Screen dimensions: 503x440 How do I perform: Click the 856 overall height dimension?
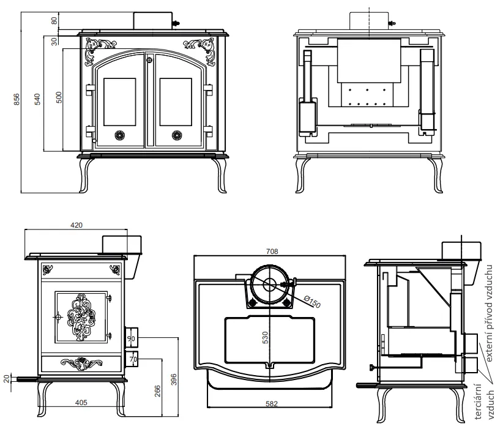pos(17,99)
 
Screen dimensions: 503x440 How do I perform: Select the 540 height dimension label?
pos(37,99)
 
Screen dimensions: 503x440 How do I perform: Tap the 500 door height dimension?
pos(59,97)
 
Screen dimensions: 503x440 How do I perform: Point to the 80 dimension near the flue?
pos(54,20)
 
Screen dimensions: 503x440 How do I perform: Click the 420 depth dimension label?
pos(76,225)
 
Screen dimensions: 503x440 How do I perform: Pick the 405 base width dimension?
pos(81,403)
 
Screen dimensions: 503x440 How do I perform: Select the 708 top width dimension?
pos(272,252)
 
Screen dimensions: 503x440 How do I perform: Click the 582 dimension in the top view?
pos(272,404)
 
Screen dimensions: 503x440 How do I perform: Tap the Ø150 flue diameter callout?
pos(312,302)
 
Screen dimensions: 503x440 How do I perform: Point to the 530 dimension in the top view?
pos(266,338)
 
